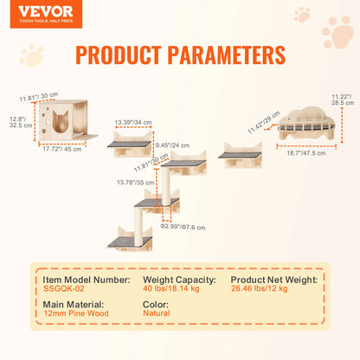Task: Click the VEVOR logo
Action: [34, 11]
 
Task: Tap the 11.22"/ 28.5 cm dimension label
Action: [342, 99]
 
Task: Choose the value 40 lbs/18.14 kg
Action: [171, 288]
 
